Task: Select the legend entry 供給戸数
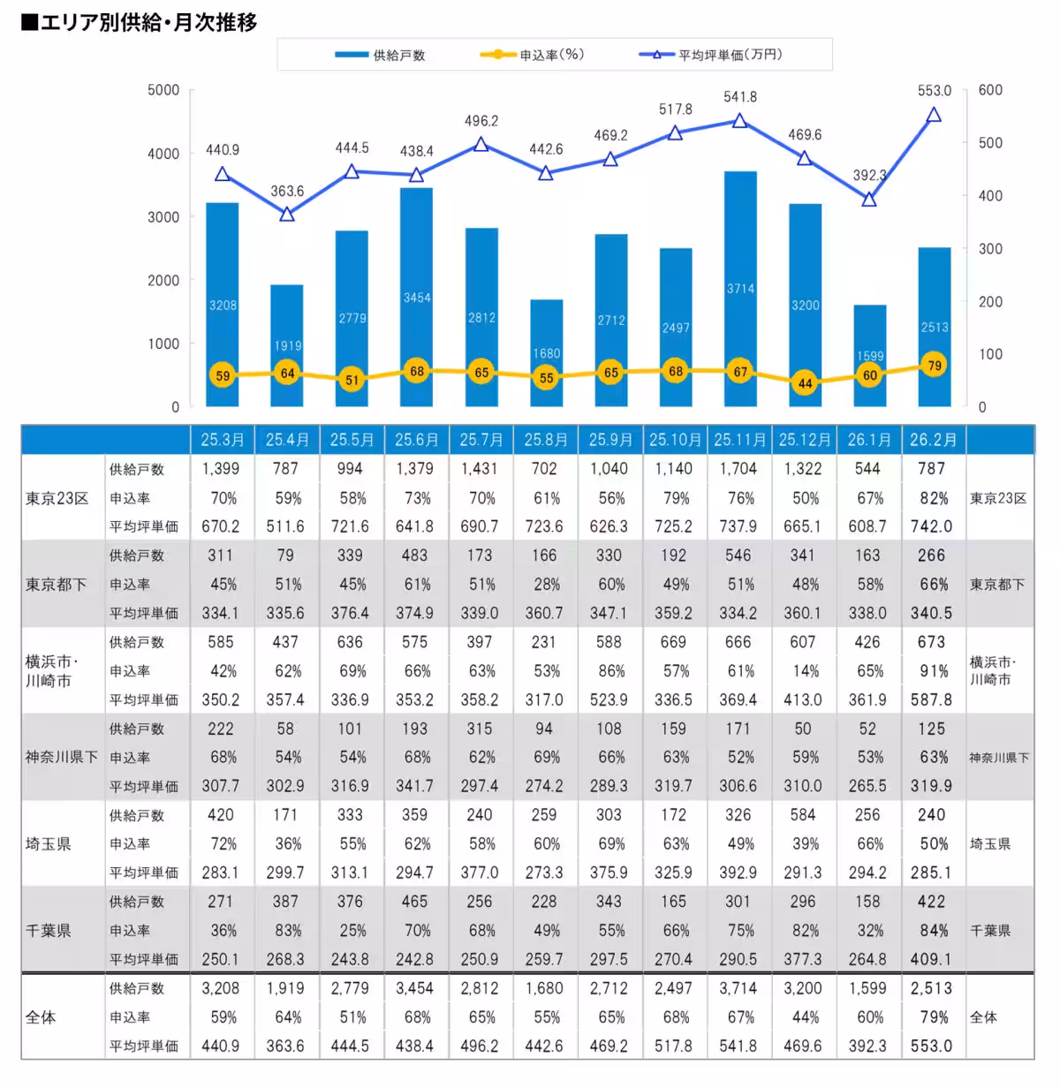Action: point(380,55)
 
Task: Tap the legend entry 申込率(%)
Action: point(532,54)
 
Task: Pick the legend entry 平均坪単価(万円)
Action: point(710,54)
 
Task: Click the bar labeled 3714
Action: point(740,289)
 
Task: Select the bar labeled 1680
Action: point(546,352)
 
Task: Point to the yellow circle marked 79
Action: point(935,365)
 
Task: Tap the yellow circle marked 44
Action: point(805,383)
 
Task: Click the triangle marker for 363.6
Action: point(287,214)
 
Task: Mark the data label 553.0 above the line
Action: point(935,91)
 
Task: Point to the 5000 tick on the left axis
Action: point(163,90)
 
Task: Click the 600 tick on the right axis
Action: point(990,90)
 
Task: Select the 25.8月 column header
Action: point(545,440)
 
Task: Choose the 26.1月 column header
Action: point(868,440)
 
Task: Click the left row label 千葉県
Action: point(48,930)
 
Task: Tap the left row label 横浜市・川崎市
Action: point(51,671)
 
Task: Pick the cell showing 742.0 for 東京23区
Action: point(931,526)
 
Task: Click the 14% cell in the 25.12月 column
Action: point(806,671)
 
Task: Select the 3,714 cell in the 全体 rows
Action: point(738,988)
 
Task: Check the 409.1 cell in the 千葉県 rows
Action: point(931,959)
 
